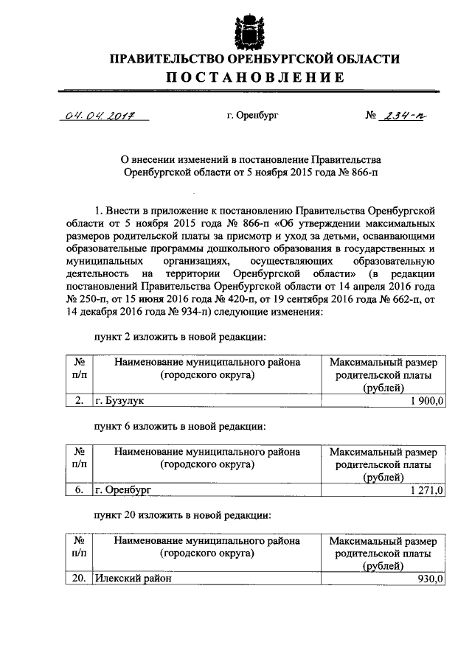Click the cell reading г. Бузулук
pyautogui.click(x=119, y=400)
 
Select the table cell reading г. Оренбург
pyautogui.click(x=122, y=489)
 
